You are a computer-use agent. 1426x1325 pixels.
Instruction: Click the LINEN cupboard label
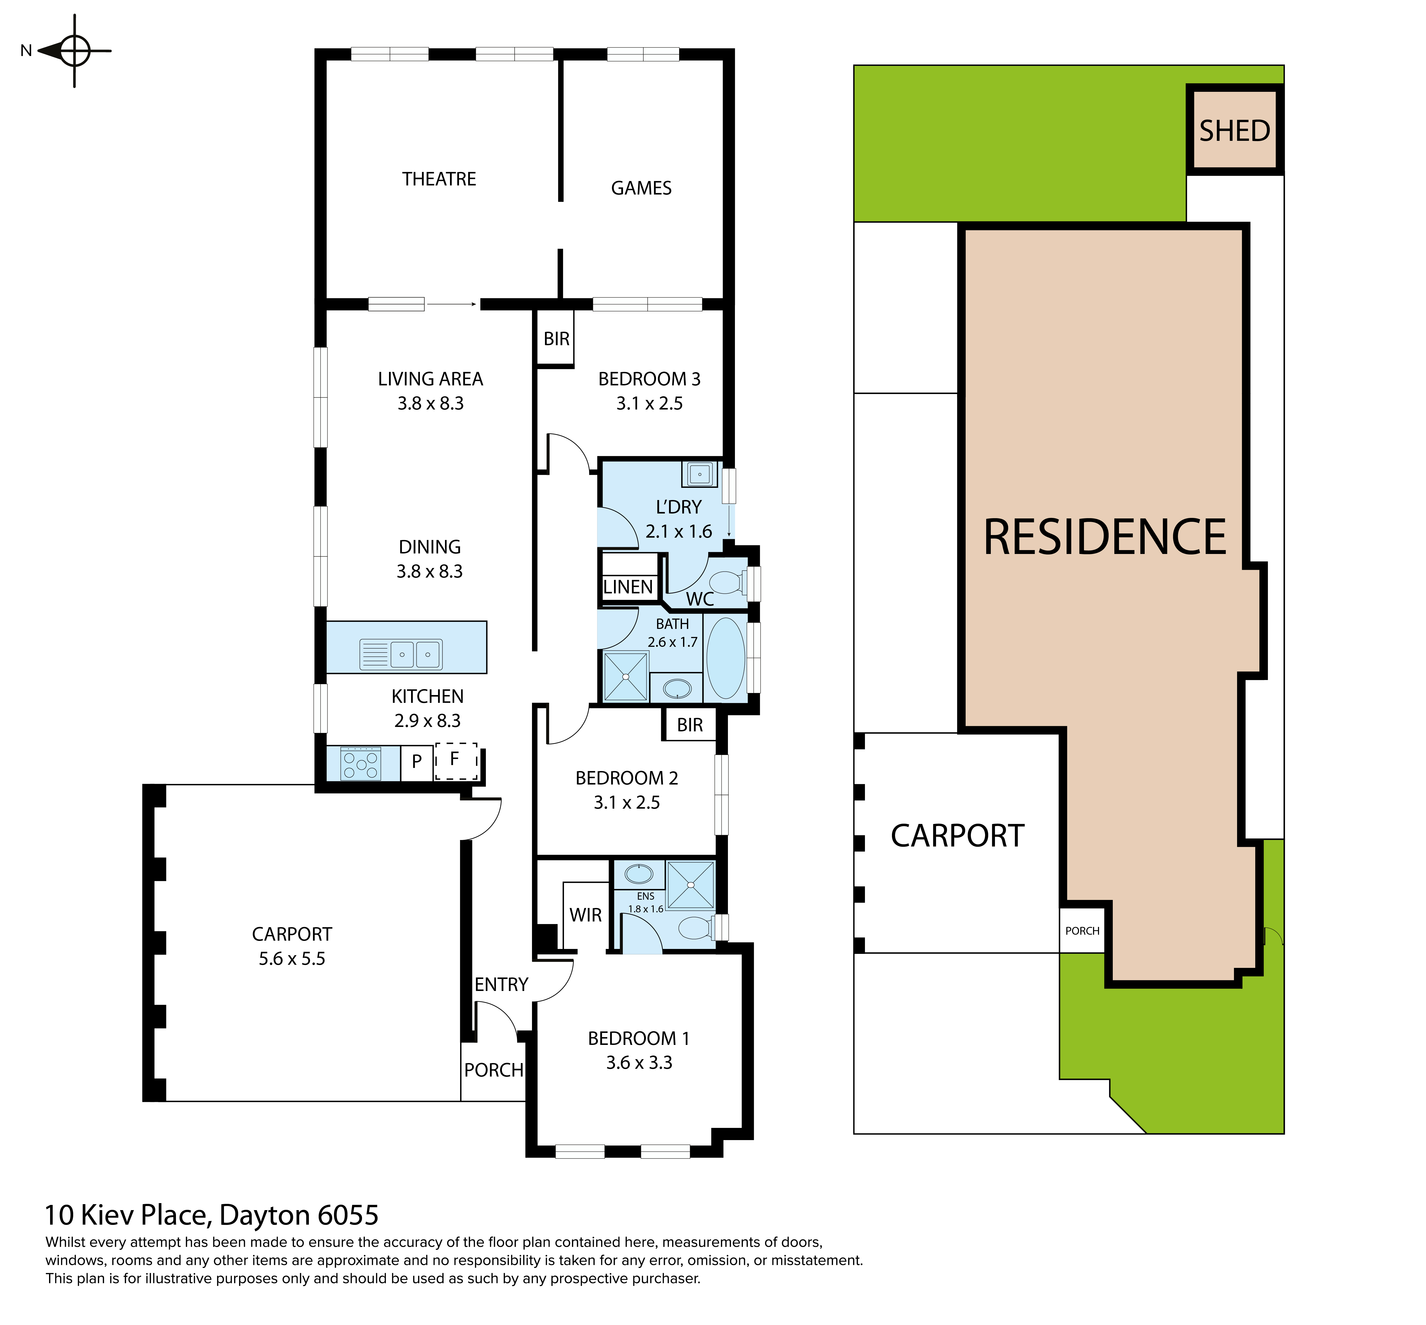(628, 587)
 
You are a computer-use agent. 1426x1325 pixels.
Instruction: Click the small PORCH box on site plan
(1082, 931)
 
